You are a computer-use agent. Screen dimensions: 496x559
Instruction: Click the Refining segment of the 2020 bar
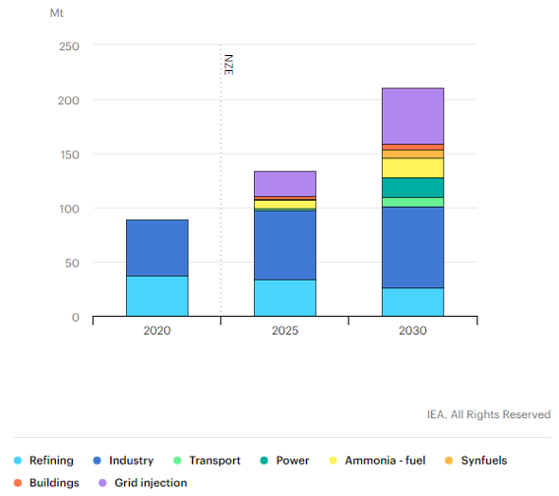tap(156, 296)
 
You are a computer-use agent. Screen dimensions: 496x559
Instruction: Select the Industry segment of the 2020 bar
tap(156, 248)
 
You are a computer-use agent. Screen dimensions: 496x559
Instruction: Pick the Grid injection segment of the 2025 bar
tap(285, 183)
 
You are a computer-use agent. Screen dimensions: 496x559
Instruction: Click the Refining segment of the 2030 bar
tap(413, 302)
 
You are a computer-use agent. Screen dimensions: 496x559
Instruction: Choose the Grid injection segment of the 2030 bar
tap(413, 116)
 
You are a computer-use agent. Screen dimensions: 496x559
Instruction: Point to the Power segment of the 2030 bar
tap(413, 187)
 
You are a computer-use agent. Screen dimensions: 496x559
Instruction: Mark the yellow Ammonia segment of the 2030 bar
tap(413, 167)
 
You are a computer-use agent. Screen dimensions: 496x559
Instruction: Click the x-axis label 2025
tap(285, 331)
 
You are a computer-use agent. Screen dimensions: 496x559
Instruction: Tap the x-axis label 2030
tap(413, 331)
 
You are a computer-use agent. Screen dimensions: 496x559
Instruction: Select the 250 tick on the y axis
tap(69, 46)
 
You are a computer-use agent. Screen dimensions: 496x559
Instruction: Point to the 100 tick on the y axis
tap(69, 209)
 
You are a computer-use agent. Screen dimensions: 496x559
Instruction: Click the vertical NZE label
tap(228, 65)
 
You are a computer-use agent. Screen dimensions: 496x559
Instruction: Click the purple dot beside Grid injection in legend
tap(103, 483)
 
